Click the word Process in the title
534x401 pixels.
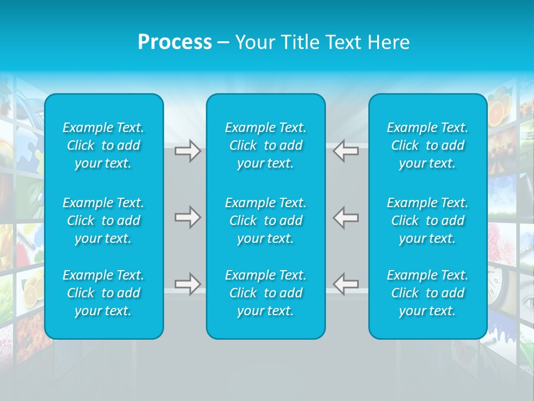[x=175, y=42]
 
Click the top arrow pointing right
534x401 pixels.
[x=187, y=151]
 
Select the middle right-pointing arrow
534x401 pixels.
[x=187, y=217]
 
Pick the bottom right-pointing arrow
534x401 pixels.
[x=187, y=284]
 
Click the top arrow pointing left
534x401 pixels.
[x=346, y=151]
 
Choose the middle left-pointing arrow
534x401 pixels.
[x=346, y=217]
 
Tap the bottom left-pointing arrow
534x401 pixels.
[x=346, y=284]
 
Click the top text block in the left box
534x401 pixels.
[x=103, y=145]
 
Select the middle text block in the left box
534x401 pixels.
[x=103, y=221]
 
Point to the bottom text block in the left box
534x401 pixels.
[x=103, y=293]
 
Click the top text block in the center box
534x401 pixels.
[x=265, y=145]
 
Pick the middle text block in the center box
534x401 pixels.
[x=265, y=221]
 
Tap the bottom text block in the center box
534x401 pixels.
[x=265, y=293]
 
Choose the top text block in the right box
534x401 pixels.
[x=428, y=145]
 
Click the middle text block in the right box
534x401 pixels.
[x=428, y=221]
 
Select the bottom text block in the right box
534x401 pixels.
[x=428, y=293]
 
